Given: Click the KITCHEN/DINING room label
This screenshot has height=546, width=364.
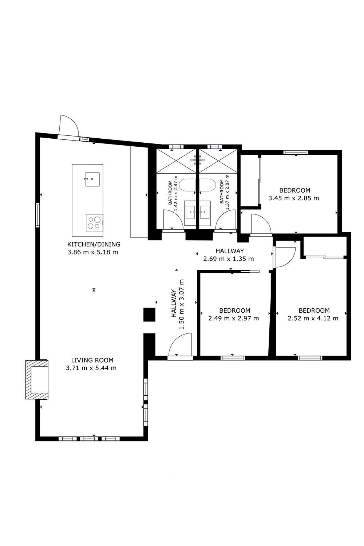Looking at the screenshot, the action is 94,244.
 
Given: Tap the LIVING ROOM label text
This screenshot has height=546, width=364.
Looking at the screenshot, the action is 92,360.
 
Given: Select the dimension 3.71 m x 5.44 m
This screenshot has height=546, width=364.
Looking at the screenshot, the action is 91,368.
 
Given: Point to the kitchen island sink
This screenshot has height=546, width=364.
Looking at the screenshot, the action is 92,179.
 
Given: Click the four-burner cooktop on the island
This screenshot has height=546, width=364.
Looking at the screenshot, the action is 94,223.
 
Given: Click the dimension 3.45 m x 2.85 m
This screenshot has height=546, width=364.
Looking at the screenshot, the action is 293,198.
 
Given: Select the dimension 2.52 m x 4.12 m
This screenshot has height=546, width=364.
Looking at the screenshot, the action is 313,318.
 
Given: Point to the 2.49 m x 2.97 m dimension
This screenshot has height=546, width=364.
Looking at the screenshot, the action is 234,318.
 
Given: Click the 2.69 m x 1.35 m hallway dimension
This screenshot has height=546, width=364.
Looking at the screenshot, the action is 229,258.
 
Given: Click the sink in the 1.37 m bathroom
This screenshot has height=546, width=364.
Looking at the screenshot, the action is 205,212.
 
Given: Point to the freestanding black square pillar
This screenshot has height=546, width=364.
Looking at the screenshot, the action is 149,315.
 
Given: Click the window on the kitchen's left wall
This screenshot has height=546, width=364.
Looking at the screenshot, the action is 37,215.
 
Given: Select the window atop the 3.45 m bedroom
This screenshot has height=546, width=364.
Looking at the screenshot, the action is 296,152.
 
